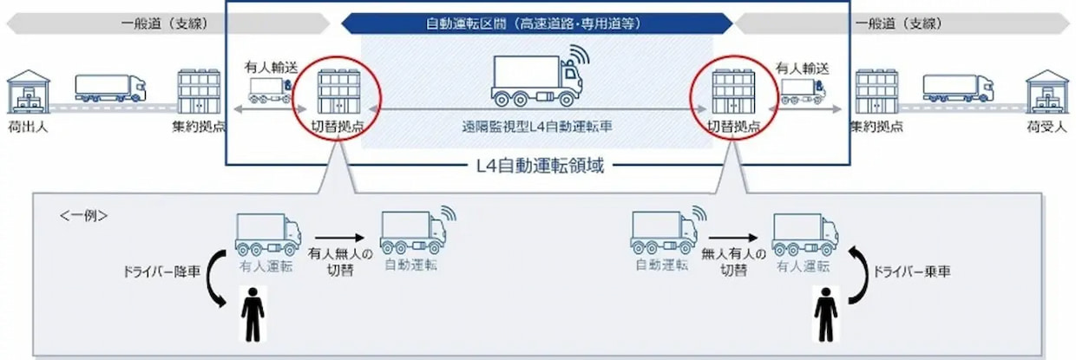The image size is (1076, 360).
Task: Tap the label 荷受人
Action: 1046,127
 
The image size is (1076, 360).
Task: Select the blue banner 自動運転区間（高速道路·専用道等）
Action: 536,23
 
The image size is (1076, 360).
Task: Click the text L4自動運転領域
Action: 537,164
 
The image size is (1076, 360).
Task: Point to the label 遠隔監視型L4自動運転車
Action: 538,126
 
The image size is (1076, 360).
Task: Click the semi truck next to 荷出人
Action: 110,87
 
